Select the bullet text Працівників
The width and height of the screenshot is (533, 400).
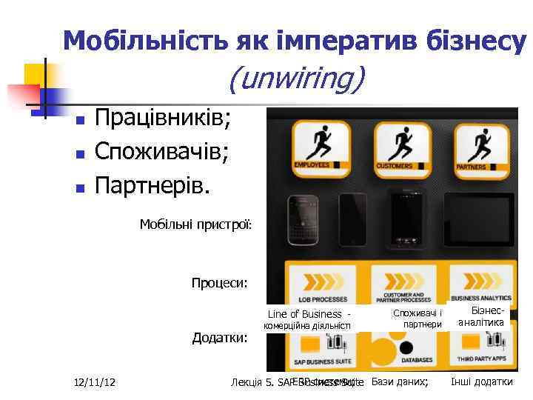coord(163,118)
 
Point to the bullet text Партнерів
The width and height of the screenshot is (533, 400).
coord(152,184)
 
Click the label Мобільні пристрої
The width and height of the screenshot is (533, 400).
coord(196,224)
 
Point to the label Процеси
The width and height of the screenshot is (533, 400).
coord(219,282)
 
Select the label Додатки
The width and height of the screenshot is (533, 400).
coord(220,338)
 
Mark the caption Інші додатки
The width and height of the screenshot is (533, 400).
coord(481,382)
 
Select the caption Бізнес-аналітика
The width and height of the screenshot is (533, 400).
coord(482,316)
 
